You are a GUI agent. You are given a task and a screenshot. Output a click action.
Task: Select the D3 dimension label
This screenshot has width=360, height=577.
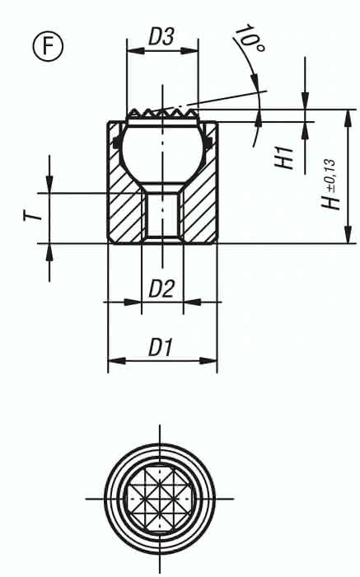(161, 37)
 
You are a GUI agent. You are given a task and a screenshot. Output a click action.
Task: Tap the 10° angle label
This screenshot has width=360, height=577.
(248, 39)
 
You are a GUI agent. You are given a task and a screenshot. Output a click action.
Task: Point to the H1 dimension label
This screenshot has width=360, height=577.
(284, 157)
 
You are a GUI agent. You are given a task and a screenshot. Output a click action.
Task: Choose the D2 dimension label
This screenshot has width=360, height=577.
(161, 288)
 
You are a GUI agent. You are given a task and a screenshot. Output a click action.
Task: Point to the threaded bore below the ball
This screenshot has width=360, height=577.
(162, 217)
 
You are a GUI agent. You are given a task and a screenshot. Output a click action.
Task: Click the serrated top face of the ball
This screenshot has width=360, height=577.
(162, 112)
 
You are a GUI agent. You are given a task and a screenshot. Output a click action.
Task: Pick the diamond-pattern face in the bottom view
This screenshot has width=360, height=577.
(160, 498)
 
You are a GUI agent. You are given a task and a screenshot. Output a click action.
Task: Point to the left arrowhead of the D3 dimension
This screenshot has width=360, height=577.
(130, 49)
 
